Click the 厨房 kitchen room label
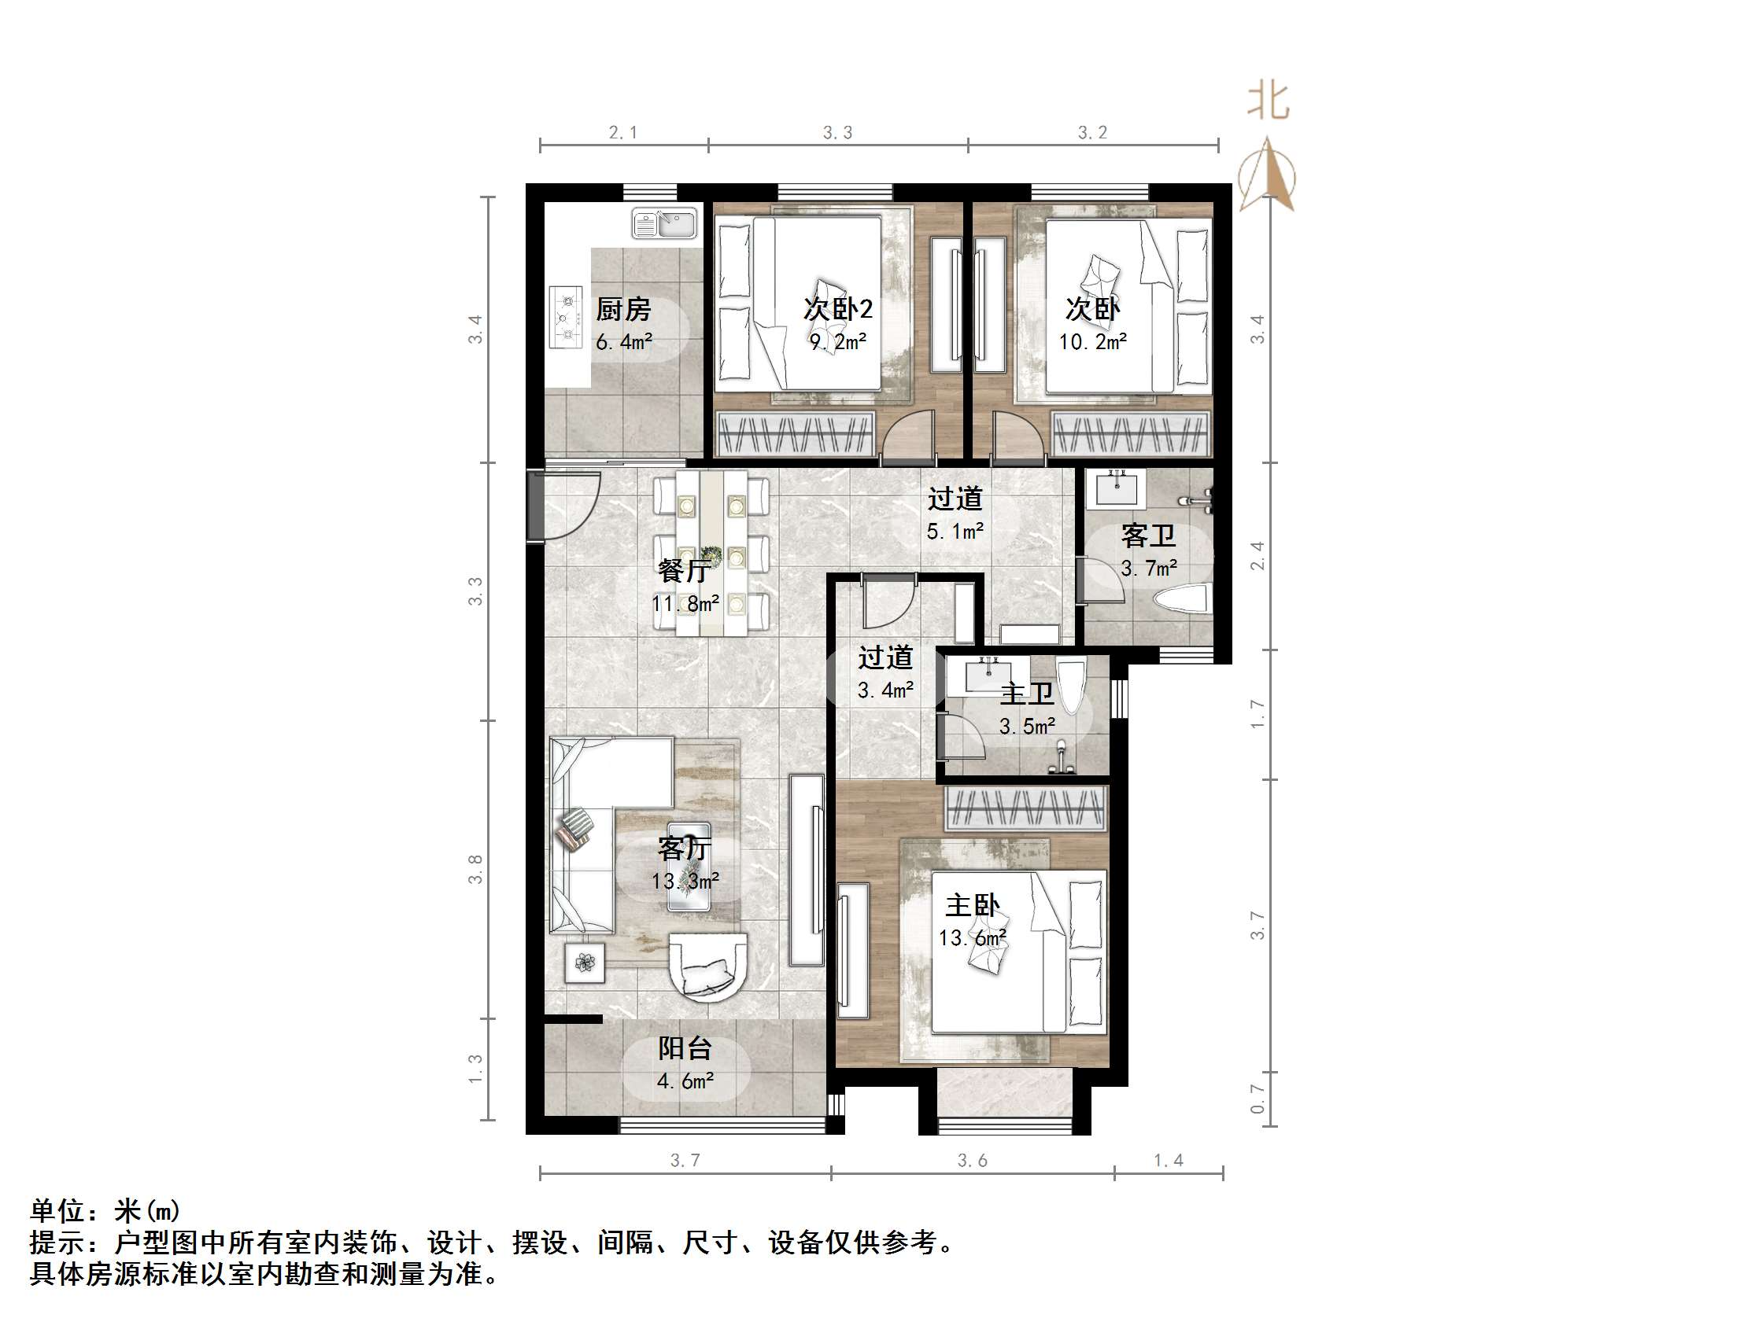coord(623,309)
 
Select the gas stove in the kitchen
coord(567,318)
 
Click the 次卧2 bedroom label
coord(837,308)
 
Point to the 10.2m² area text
coord(1093,341)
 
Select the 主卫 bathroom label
coord(1027,694)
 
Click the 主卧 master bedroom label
coord(972,905)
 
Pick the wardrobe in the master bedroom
coord(1025,808)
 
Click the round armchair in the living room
coord(708,967)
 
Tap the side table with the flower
coord(585,963)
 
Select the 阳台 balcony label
coord(685,1048)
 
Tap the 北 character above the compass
coord(1268,102)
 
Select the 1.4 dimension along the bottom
coord(1169,1161)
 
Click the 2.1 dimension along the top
coord(623,133)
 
